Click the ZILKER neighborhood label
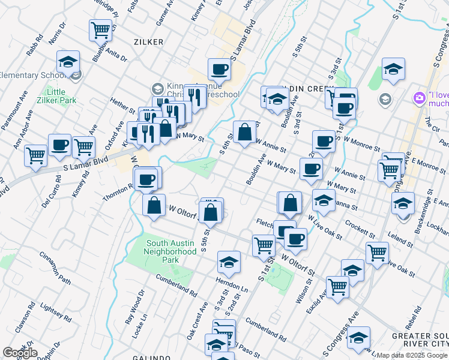(148, 41)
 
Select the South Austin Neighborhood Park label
(171, 251)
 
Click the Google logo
(20, 353)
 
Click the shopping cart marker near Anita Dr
(101, 29)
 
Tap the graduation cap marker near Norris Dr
(68, 61)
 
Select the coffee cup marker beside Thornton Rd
(147, 178)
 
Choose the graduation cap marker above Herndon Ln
(229, 262)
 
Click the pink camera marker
(418, 97)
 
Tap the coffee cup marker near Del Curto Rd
(59, 145)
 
